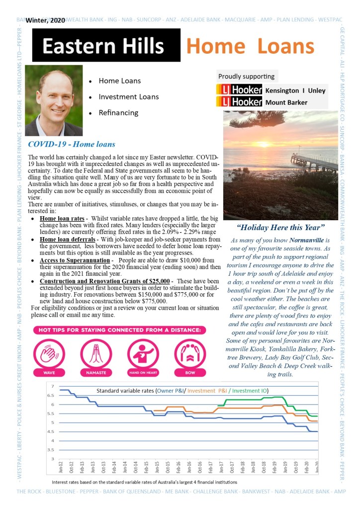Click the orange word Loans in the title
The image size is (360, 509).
click(286, 46)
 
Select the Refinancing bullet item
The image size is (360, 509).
click(118, 113)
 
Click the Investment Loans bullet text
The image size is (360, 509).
click(129, 97)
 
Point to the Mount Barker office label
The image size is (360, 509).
click(286, 102)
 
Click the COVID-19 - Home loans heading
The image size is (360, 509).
click(72, 145)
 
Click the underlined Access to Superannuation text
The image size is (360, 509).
click(75, 260)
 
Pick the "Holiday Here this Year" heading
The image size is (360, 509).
click(281, 228)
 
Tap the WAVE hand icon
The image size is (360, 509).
click(49, 353)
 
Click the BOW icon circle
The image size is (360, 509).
click(190, 353)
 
